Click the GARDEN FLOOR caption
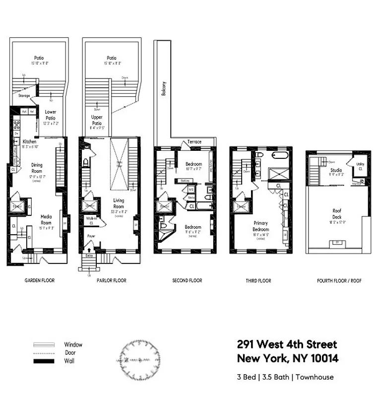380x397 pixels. coord(40,281)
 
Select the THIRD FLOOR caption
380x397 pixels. coord(258,281)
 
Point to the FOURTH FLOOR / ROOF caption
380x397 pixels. coord(339,281)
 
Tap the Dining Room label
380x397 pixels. coord(37,168)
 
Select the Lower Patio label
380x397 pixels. coord(50,115)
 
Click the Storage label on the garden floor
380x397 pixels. coord(24,96)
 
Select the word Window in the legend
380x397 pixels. coord(73,344)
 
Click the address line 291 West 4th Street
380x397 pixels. coord(287,344)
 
